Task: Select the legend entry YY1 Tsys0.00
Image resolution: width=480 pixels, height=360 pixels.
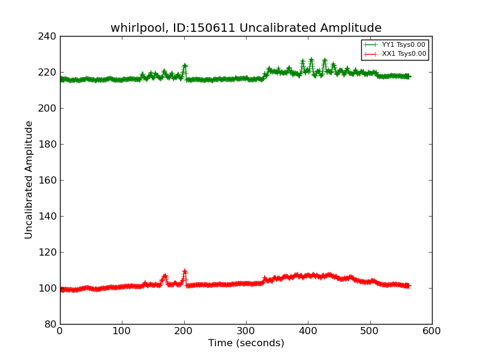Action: (x=403, y=45)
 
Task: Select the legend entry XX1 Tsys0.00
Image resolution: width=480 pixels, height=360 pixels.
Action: (x=403, y=54)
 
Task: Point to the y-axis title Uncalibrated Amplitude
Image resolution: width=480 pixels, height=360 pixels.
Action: (x=29, y=179)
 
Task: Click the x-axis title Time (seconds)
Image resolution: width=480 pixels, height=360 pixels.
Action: (x=246, y=343)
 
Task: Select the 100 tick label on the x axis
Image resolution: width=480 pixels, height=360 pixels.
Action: (x=122, y=331)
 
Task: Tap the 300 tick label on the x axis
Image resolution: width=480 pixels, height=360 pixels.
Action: (x=246, y=331)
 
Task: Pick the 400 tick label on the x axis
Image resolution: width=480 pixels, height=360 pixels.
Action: (x=308, y=331)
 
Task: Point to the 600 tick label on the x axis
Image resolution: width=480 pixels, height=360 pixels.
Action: (x=431, y=331)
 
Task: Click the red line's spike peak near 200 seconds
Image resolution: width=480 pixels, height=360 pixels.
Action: (x=185, y=271)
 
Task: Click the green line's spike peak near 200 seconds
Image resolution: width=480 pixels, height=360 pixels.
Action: (x=185, y=65)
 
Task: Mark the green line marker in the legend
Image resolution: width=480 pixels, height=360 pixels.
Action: (x=371, y=45)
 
